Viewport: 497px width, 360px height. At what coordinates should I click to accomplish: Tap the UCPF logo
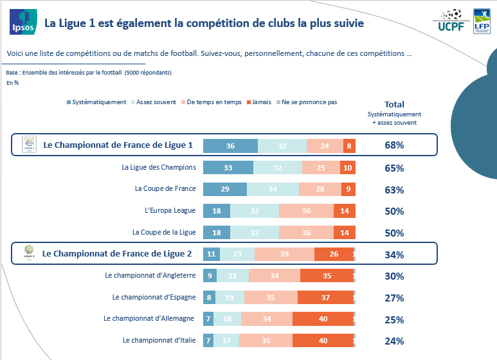[453, 20]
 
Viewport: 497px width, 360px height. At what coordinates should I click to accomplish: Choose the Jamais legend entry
[258, 102]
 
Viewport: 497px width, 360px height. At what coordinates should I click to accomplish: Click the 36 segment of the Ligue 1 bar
[230, 146]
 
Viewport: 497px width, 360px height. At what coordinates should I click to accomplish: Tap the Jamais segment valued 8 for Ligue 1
[349, 146]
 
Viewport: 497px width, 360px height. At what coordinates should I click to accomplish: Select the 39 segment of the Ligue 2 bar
[284, 255]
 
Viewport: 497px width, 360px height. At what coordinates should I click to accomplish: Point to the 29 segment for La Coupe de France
[224, 190]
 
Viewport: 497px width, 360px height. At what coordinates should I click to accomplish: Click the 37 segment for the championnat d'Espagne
[325, 298]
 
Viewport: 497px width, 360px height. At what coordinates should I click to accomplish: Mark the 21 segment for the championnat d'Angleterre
[232, 276]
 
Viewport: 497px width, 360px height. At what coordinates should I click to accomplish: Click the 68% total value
[394, 146]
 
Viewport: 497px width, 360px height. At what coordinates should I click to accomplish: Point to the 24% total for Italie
[394, 341]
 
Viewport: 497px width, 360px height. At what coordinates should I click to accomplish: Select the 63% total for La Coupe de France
[394, 190]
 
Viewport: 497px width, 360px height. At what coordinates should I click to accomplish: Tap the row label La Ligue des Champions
[159, 168]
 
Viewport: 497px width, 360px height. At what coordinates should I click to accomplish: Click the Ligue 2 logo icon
[28, 253]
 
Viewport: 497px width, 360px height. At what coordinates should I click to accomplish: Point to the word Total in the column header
[394, 104]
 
